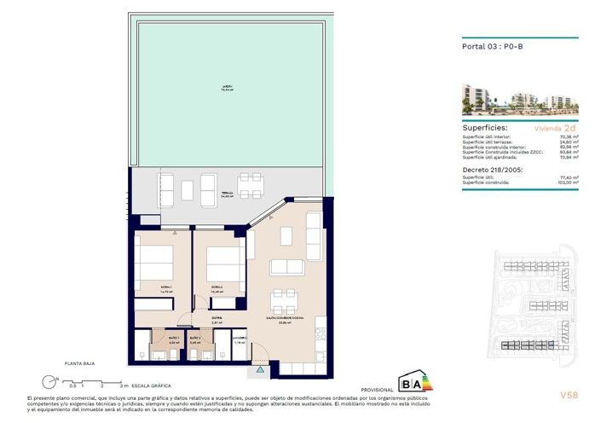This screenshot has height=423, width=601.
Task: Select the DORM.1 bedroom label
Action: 165,288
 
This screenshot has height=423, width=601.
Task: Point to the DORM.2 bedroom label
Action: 217,288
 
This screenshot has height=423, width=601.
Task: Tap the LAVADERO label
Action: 240,340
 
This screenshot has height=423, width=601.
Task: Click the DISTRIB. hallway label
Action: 217,321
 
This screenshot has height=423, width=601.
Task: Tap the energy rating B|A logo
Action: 412,381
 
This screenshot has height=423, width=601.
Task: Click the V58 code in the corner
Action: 569,395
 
